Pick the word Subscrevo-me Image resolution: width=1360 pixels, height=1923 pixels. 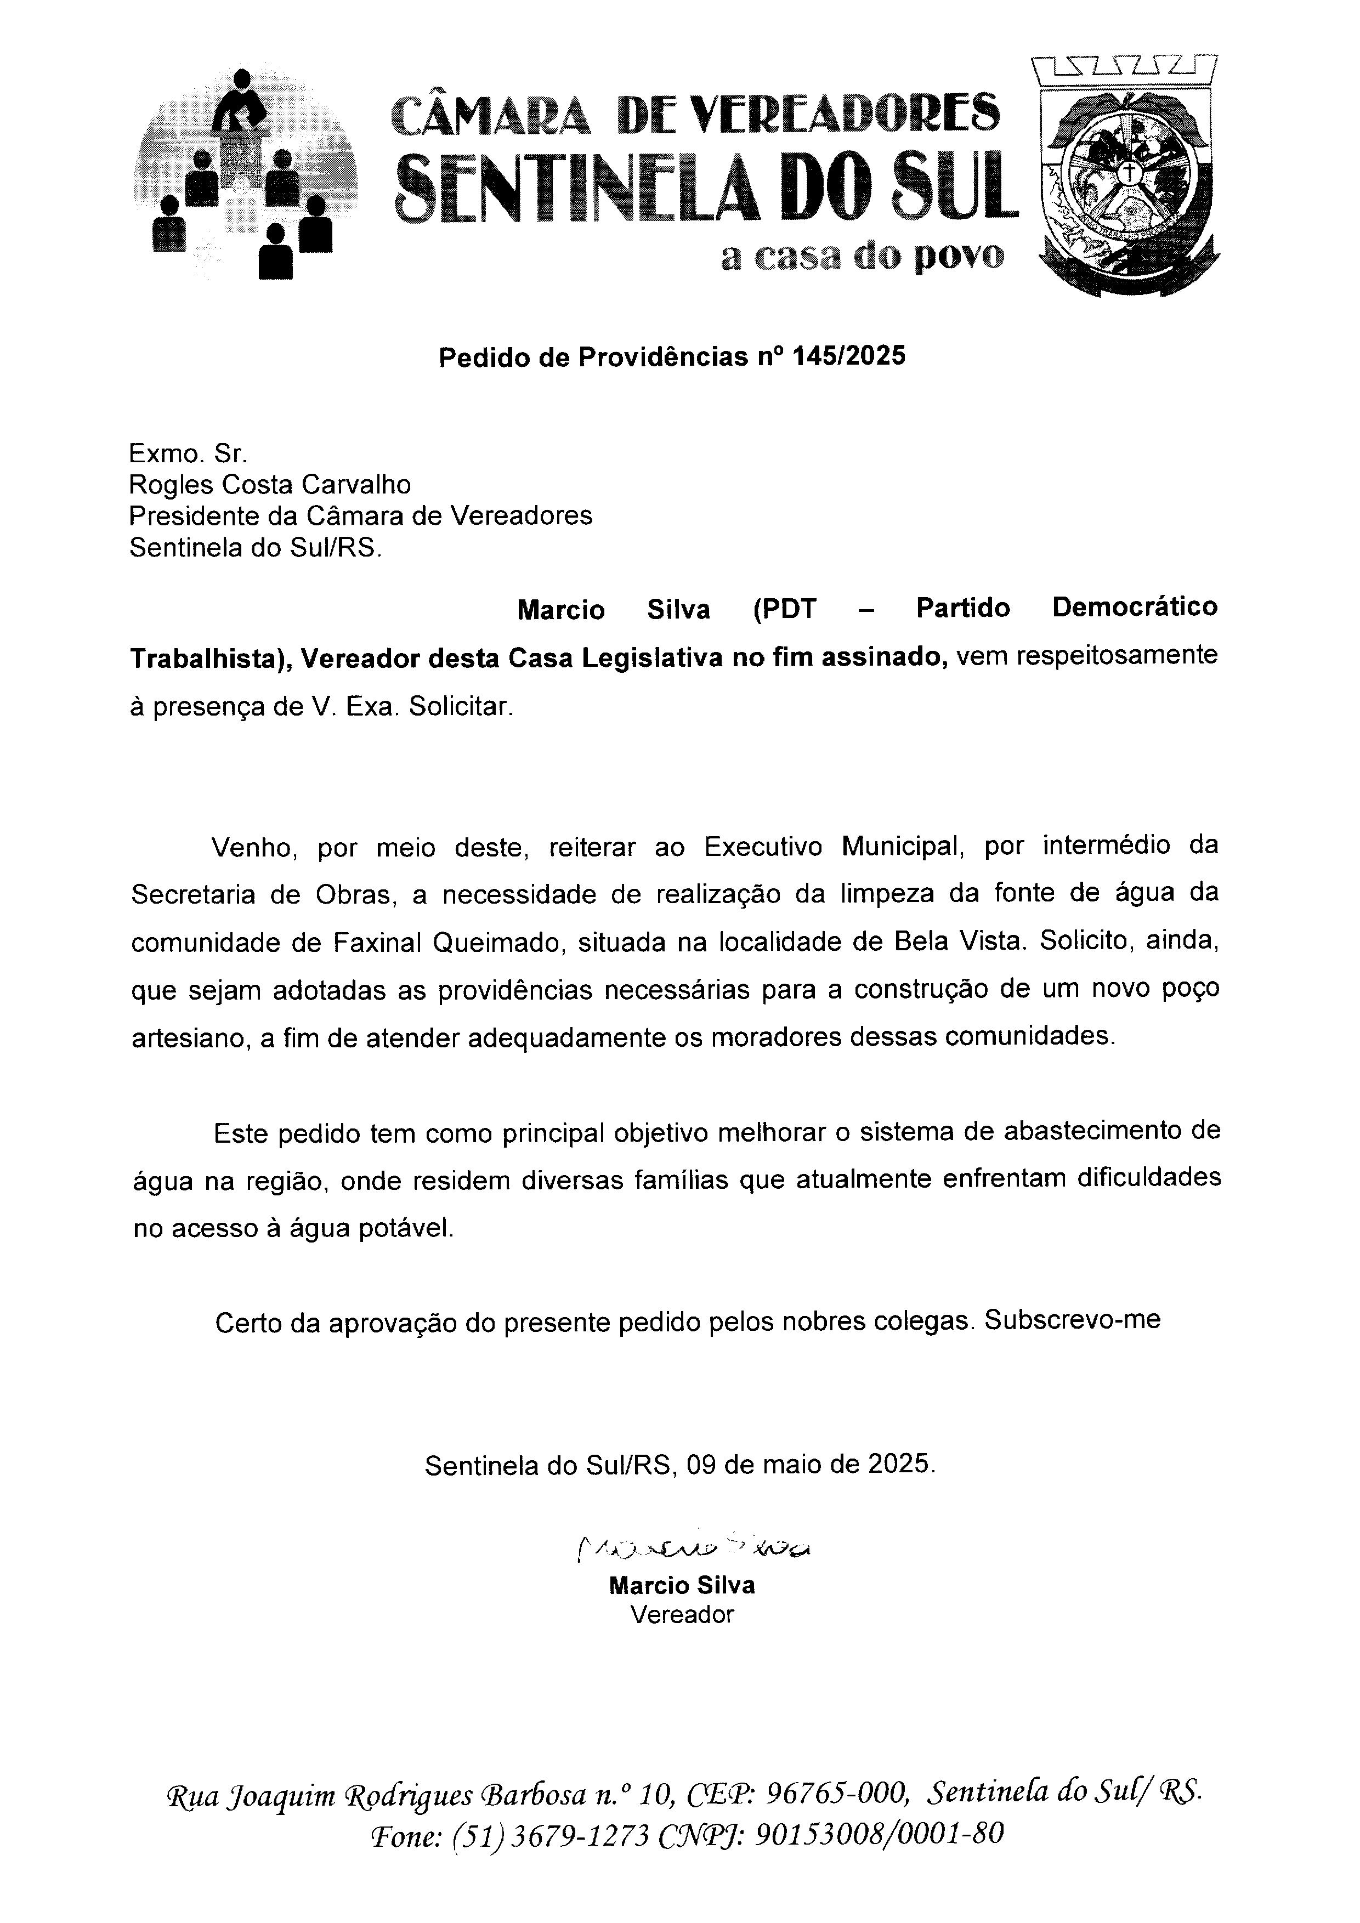coord(1073,1320)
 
